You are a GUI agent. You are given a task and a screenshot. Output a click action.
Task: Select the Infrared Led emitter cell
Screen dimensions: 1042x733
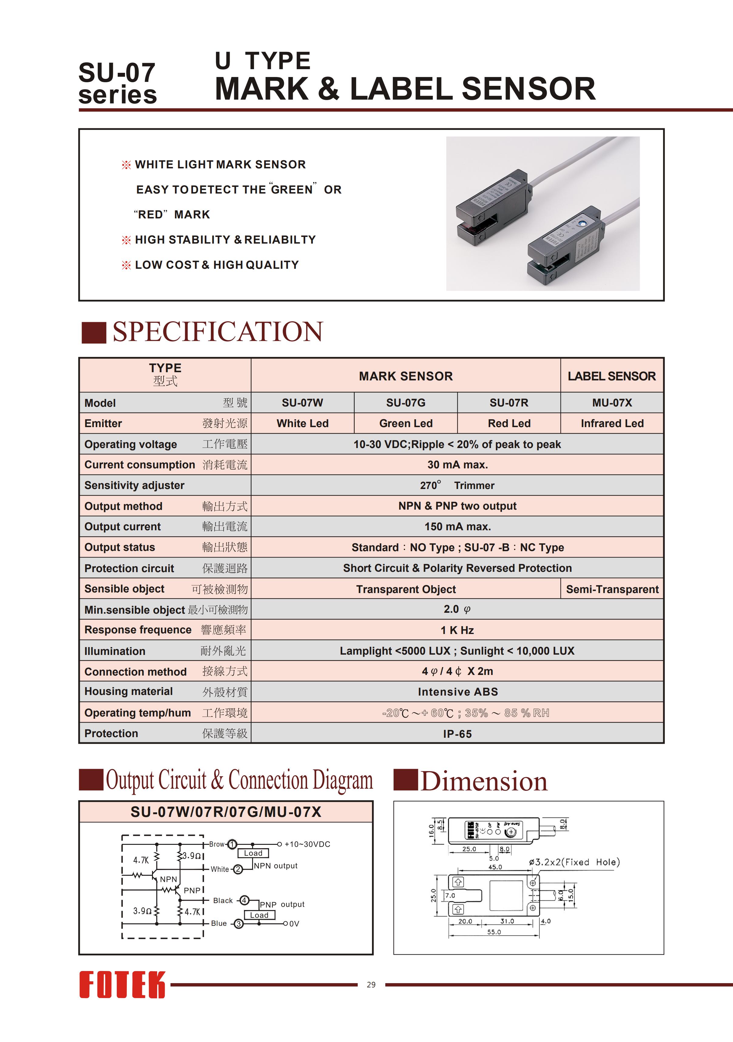[x=612, y=423]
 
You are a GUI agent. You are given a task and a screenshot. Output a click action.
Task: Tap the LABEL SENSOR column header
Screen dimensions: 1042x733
[x=612, y=376]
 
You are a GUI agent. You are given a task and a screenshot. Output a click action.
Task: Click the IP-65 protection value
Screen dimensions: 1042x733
[x=457, y=734]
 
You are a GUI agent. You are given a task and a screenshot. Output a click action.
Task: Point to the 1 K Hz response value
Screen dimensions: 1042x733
[x=457, y=630]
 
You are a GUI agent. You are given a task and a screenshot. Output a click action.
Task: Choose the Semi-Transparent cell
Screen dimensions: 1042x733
[x=612, y=589]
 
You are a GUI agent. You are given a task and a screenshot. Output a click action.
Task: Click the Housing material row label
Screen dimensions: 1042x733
[x=128, y=692]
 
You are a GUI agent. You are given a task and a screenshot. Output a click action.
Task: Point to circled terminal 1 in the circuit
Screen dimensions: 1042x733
[x=232, y=844]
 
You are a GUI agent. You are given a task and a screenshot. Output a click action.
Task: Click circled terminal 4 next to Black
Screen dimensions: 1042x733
[x=244, y=900]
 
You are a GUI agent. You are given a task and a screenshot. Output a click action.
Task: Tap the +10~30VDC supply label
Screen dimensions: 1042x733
[x=307, y=844]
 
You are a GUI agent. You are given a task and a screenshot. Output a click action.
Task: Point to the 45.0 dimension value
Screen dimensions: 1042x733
[x=495, y=867]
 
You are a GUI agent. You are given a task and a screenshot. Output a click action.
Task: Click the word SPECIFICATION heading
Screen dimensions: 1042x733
[x=218, y=332]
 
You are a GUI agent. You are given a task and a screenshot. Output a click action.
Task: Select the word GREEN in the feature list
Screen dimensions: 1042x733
[x=292, y=190]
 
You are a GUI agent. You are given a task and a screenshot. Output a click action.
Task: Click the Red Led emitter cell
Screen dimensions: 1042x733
[x=509, y=423]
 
